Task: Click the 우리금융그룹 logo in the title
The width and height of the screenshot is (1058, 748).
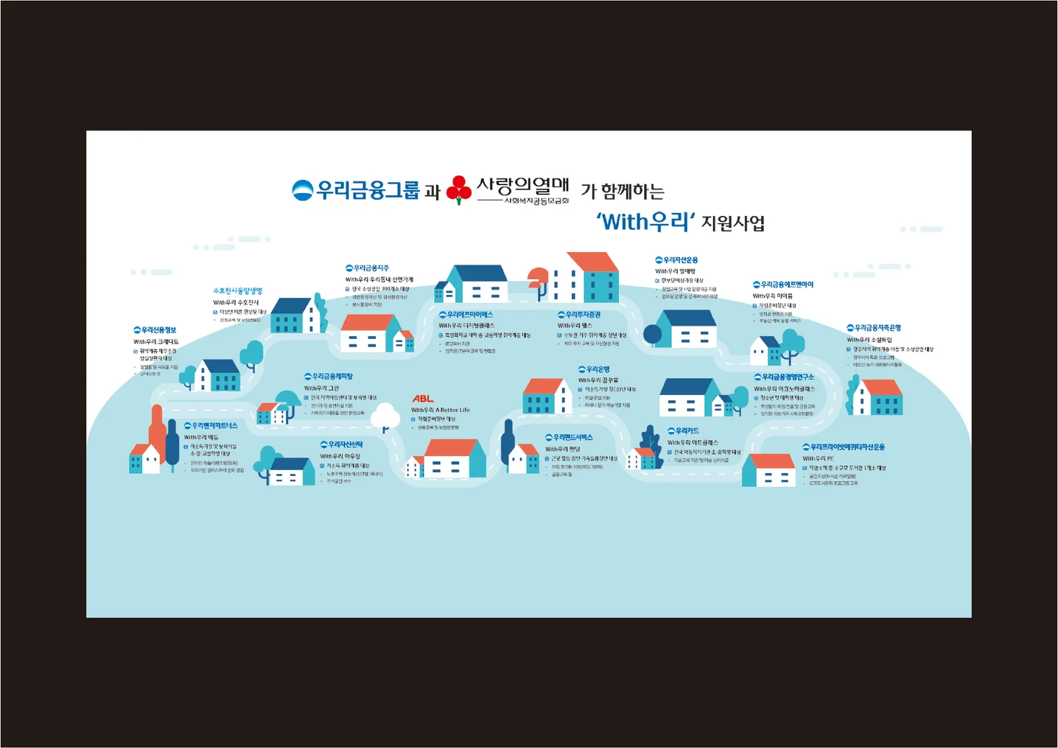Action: [x=356, y=191]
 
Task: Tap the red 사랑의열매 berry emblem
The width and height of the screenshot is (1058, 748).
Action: [x=459, y=189]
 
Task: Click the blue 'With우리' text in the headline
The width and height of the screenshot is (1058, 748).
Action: [x=645, y=221]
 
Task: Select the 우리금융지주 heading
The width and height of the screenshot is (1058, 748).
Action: [x=368, y=268]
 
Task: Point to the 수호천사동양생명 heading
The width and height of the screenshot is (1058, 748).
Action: [x=237, y=291]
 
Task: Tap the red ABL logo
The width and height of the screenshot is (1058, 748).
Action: [x=423, y=399]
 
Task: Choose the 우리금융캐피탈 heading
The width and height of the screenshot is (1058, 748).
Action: [x=329, y=377]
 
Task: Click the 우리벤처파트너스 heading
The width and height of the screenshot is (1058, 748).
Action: [x=211, y=426]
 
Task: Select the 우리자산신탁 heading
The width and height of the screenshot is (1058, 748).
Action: [x=341, y=445]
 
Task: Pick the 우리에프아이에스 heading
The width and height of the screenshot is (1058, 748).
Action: [x=466, y=315]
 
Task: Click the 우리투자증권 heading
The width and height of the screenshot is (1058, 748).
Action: [x=579, y=315]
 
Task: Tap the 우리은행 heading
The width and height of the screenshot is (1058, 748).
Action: [x=594, y=369]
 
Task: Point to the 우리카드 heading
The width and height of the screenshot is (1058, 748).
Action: [x=683, y=431]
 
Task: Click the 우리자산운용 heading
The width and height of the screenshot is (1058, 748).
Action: [x=676, y=260]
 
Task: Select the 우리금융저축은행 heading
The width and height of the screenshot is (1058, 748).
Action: [x=874, y=328]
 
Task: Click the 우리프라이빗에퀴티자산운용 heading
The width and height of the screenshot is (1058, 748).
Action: [x=844, y=447]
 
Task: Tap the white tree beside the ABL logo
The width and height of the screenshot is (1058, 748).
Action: [x=385, y=416]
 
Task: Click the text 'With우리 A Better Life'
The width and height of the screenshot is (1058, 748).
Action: [x=441, y=410]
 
